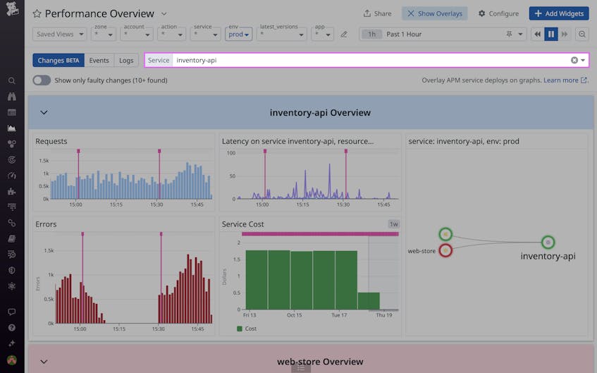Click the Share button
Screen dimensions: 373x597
377,13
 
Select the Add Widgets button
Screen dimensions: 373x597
558,13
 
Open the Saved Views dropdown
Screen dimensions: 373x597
60,34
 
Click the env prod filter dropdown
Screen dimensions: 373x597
239,34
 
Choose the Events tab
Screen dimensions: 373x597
99,60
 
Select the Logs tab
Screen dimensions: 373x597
126,60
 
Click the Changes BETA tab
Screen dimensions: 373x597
59,60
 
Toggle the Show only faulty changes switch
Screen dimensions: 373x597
42,80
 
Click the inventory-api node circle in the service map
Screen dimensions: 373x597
548,242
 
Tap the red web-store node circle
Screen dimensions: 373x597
445,250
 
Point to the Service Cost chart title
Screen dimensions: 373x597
243,224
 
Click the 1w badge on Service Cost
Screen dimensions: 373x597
393,224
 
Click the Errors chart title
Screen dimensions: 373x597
46,224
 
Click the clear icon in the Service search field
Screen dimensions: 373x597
574,60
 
